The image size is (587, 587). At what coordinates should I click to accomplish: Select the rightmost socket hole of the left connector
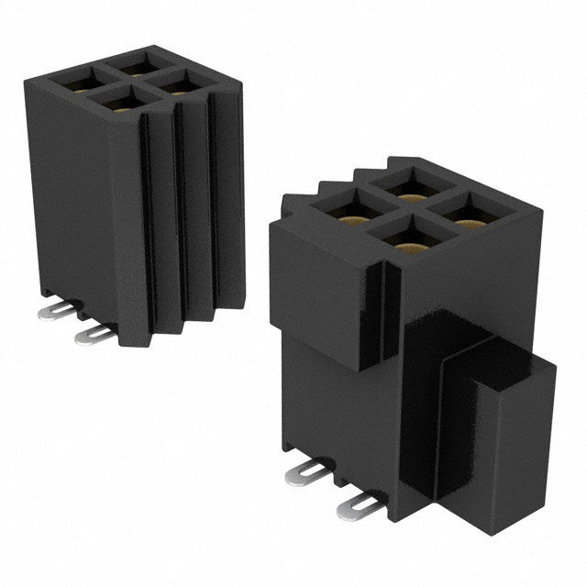click(x=180, y=84)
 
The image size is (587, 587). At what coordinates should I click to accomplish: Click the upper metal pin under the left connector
click(x=57, y=312)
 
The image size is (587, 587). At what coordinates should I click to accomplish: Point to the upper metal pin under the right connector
click(x=305, y=471)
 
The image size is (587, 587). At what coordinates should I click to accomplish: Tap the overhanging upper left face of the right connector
click(x=312, y=284)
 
